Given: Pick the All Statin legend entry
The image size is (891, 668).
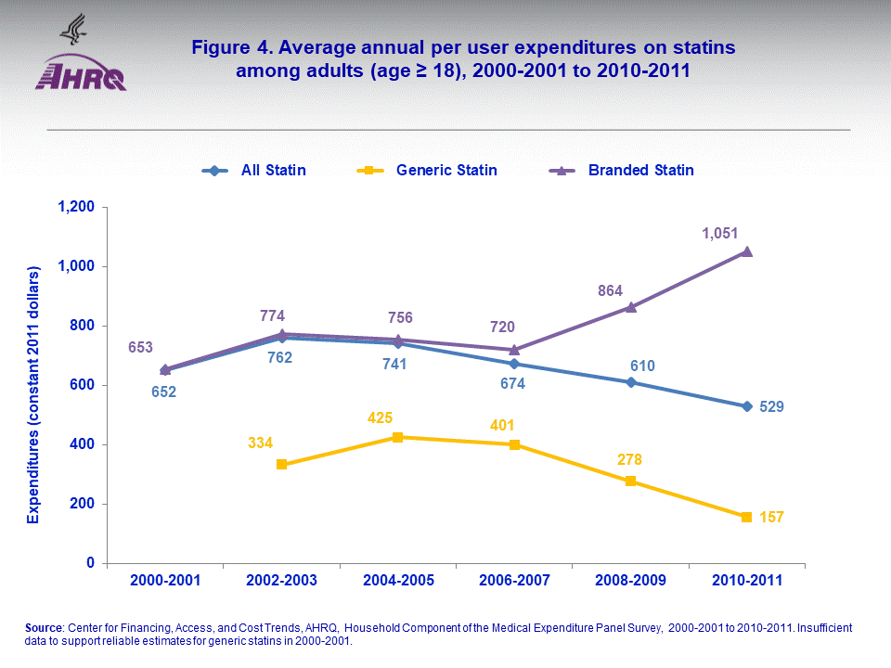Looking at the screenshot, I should (254, 170).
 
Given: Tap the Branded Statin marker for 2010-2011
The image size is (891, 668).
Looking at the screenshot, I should (746, 251).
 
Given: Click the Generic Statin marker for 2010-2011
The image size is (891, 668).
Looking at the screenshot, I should (746, 517).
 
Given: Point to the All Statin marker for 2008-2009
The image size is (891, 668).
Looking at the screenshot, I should (630, 382).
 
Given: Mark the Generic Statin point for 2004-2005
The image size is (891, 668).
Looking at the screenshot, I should (397, 437).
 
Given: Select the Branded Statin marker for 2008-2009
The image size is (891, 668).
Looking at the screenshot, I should (630, 307).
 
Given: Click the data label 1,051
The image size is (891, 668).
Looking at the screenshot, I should (719, 234).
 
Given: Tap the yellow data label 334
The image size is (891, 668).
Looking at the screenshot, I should (261, 443).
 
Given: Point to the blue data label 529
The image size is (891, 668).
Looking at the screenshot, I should (772, 406).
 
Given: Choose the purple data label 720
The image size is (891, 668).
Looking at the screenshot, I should (501, 327).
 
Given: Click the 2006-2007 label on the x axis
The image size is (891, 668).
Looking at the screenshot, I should (514, 581).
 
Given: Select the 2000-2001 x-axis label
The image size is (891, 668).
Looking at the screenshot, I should (165, 581).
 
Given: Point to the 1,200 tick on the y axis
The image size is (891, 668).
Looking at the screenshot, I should (74, 207).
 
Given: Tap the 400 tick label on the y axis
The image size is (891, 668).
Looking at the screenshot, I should (82, 444).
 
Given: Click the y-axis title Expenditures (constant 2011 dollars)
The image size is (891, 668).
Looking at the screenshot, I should (32, 394).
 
